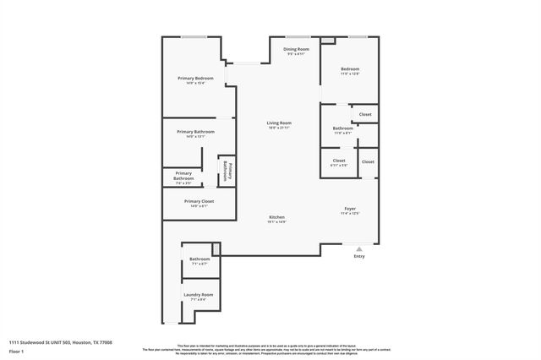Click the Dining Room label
[x=296, y=49]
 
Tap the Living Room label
[x=279, y=123]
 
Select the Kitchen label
[x=276, y=217]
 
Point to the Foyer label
[x=350, y=208]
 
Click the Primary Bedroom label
[x=195, y=78]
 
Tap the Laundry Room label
[x=199, y=294]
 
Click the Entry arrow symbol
[x=359, y=250]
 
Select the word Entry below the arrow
[x=359, y=258]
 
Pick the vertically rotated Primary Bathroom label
[x=226, y=171]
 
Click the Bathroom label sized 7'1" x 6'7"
[x=199, y=259]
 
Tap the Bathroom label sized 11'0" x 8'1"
[x=342, y=128]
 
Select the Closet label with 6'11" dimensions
[x=339, y=161]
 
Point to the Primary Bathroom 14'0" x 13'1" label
[x=195, y=132]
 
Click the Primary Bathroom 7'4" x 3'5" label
[x=183, y=176]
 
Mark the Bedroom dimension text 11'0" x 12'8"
[x=350, y=74]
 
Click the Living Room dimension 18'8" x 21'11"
[x=279, y=128]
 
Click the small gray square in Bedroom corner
[x=327, y=41]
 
